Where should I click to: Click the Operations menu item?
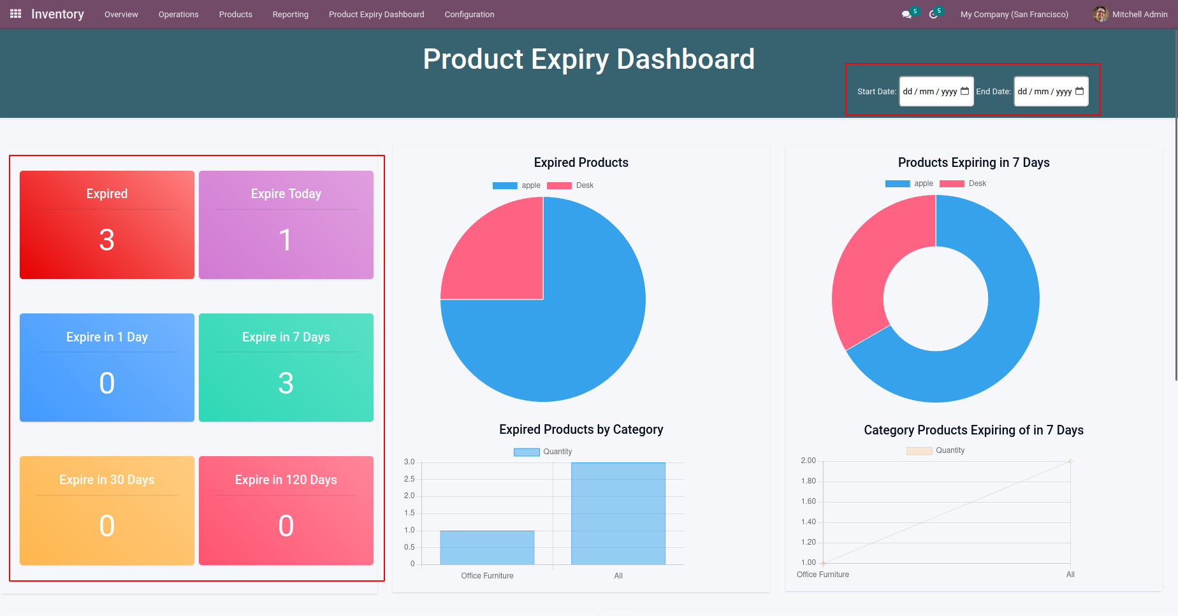(x=178, y=15)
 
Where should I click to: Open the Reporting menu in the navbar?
(x=290, y=15)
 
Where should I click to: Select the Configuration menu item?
(x=469, y=15)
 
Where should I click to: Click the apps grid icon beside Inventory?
(x=16, y=14)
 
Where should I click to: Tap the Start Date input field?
(x=935, y=92)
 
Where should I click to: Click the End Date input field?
(x=1050, y=92)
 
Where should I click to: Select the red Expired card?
(x=107, y=225)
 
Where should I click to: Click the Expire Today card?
(x=286, y=225)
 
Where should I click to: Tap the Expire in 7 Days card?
(x=286, y=368)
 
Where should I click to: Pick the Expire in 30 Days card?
(x=107, y=510)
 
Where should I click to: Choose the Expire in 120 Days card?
(x=286, y=510)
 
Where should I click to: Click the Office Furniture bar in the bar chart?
(x=487, y=548)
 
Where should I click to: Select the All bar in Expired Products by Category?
(x=618, y=513)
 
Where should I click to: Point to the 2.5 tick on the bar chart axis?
(x=409, y=479)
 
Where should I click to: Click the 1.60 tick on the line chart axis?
(x=808, y=501)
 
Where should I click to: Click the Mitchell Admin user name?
(x=1140, y=15)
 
